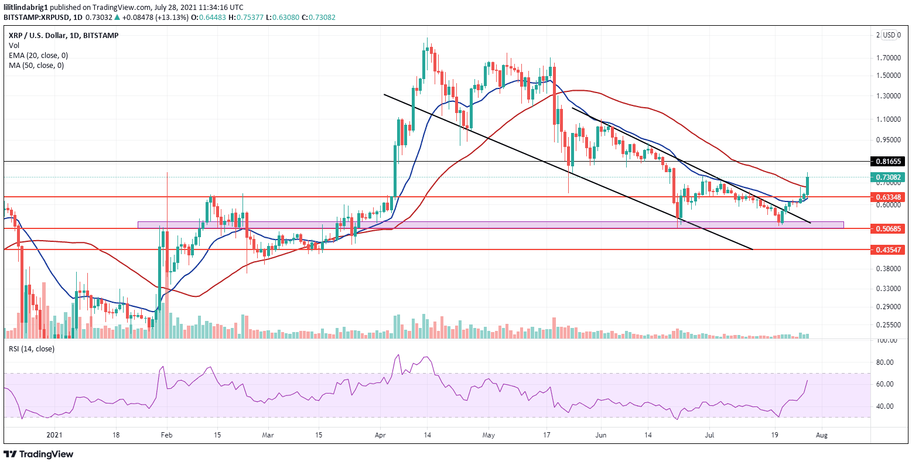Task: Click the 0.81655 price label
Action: [888, 161]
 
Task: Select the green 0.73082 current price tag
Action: [888, 177]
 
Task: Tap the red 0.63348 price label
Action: [888, 197]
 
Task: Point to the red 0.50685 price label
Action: [888, 228]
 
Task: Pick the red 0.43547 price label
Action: [888, 249]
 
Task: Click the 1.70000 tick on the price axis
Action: [888, 58]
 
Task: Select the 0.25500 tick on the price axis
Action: [888, 325]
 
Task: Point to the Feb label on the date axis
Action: [167, 436]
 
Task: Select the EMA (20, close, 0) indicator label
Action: [38, 55]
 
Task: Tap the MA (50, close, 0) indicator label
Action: [36, 65]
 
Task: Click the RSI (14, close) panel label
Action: [31, 349]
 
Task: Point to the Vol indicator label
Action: [13, 45]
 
